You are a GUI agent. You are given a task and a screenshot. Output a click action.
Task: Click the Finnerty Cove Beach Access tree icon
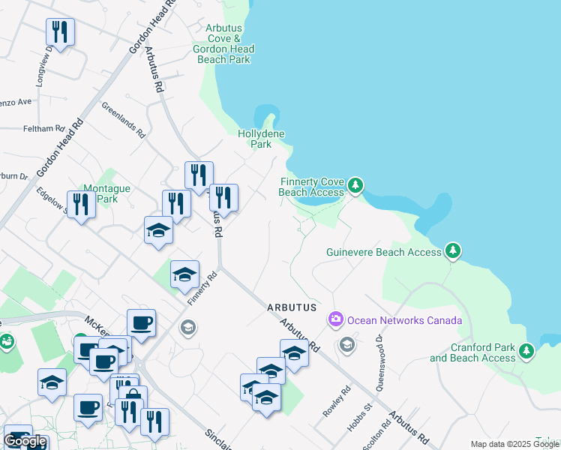[x=355, y=184]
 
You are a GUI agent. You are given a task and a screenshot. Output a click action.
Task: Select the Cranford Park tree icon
[x=526, y=350]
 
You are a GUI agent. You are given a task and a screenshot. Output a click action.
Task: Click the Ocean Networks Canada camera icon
[x=335, y=320]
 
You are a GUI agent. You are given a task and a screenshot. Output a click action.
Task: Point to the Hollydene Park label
[x=260, y=139]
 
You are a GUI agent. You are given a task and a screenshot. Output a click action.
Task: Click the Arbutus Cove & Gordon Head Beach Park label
[x=223, y=43]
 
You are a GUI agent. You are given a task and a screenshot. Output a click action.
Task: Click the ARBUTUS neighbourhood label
[x=292, y=308]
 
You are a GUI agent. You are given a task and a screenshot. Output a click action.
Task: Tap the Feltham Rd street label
[x=43, y=129]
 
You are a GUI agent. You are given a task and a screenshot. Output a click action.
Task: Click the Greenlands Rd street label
[x=123, y=120]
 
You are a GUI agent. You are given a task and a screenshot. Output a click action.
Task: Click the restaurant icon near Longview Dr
[x=60, y=31]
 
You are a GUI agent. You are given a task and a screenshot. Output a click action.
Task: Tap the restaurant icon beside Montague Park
[x=81, y=204]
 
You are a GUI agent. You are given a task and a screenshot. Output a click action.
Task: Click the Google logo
[x=25, y=441]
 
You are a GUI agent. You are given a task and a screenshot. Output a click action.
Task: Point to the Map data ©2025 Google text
[x=514, y=444]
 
